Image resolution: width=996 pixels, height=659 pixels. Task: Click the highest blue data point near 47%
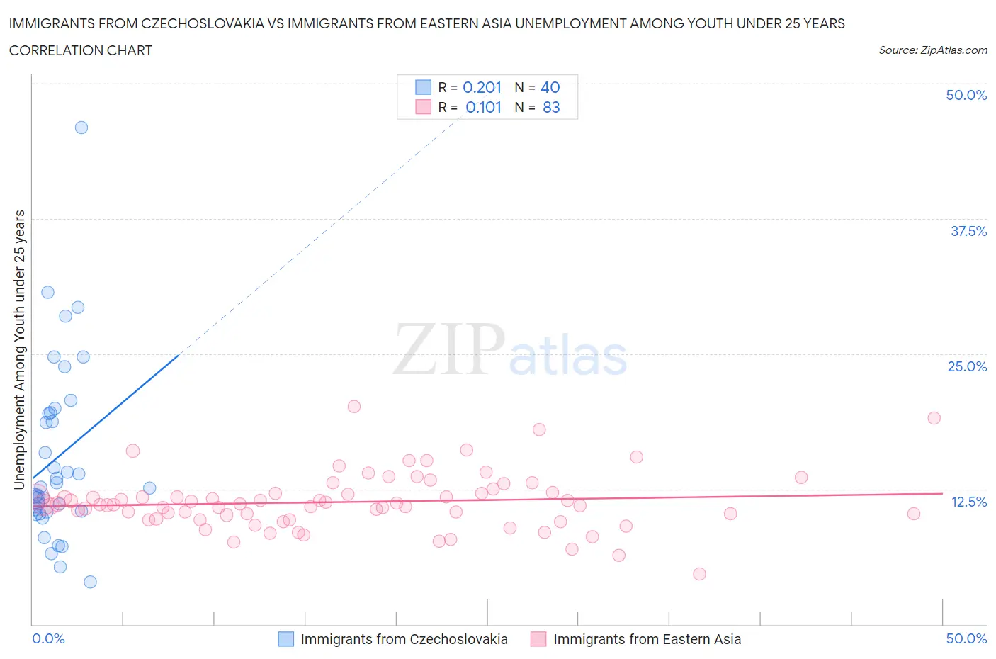click(81, 128)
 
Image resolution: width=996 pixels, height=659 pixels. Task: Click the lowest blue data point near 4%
click(90, 582)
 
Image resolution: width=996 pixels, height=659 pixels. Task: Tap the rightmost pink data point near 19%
click(934, 418)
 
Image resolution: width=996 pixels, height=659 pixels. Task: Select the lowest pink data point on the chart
click(699, 574)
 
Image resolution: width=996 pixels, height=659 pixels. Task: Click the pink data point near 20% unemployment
click(354, 407)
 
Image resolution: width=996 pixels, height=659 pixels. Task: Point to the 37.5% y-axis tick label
click(968, 231)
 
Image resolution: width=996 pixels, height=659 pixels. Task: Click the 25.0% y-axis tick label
click(967, 366)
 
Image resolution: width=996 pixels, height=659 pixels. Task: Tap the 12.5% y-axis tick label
click(968, 502)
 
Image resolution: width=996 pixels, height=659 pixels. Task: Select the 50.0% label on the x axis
click(966, 638)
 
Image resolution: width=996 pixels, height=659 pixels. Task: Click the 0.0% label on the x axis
click(48, 638)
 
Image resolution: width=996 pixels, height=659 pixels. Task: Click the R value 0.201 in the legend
click(482, 87)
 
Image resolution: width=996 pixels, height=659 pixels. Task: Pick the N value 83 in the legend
click(551, 107)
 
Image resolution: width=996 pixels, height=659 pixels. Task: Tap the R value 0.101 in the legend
click(483, 107)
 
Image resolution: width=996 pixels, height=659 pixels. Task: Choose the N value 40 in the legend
click(550, 87)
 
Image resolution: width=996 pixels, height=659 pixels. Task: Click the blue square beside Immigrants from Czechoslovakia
click(285, 639)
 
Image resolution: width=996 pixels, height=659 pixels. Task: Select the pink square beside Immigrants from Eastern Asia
click(538, 639)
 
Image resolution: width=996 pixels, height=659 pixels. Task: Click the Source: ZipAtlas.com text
click(932, 50)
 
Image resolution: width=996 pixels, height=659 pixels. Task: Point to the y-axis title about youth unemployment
click(19, 349)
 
